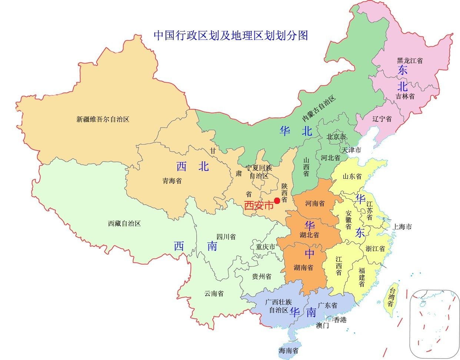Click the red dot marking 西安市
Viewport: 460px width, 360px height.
coord(277,201)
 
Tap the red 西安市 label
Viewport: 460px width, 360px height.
coord(258,205)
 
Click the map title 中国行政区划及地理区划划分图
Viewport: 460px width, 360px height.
coord(231,35)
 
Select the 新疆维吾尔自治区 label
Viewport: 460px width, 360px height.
coord(103,119)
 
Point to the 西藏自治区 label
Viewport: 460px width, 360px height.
coord(124,224)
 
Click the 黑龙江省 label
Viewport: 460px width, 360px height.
coord(410,60)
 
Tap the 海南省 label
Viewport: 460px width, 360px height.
coord(289,350)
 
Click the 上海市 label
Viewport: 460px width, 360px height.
coord(402,227)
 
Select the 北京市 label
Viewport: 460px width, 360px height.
coord(336,137)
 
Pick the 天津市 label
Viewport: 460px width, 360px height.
coord(351,150)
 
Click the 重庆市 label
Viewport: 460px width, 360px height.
coord(266,247)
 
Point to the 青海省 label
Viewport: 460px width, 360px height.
coord(172,181)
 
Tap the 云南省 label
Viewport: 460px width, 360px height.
coord(214,294)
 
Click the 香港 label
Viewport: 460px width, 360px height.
coord(340,320)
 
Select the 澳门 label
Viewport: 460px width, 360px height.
coord(322,326)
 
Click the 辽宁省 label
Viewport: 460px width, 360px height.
coord(382,119)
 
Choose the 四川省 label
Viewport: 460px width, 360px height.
coord(226,237)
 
